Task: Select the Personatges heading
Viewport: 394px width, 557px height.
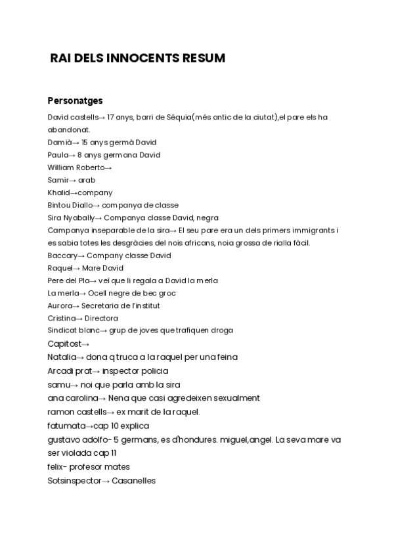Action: tap(75, 101)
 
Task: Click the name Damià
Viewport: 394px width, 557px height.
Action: tap(58, 143)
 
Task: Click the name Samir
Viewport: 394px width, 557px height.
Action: tap(58, 180)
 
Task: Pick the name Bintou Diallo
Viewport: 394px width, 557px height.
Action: tap(70, 205)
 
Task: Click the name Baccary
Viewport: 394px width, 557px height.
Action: tap(62, 256)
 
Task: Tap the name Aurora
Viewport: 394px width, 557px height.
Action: tap(60, 305)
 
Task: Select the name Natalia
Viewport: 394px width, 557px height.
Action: tap(62, 357)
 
